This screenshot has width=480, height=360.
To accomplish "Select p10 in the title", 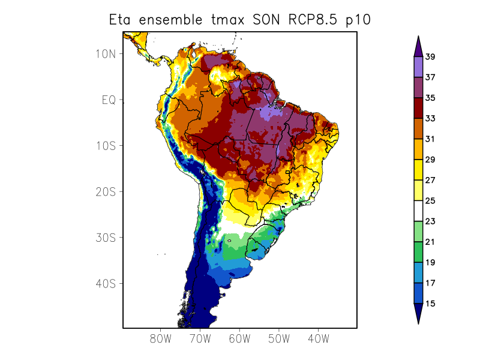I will coord(358,20).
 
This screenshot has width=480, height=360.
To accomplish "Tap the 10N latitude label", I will coord(106,54).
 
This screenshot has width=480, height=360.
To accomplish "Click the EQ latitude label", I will coord(109,100).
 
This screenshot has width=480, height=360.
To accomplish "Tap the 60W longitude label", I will coord(239,339).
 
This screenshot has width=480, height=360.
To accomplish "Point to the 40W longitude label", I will coord(318,339).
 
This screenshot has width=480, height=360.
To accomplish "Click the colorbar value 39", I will coord(430,57).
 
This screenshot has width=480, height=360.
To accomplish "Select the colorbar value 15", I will coord(430,304).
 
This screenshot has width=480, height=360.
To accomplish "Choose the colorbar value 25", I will coord(430,201).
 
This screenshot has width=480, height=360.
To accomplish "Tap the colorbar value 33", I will coord(430,119).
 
